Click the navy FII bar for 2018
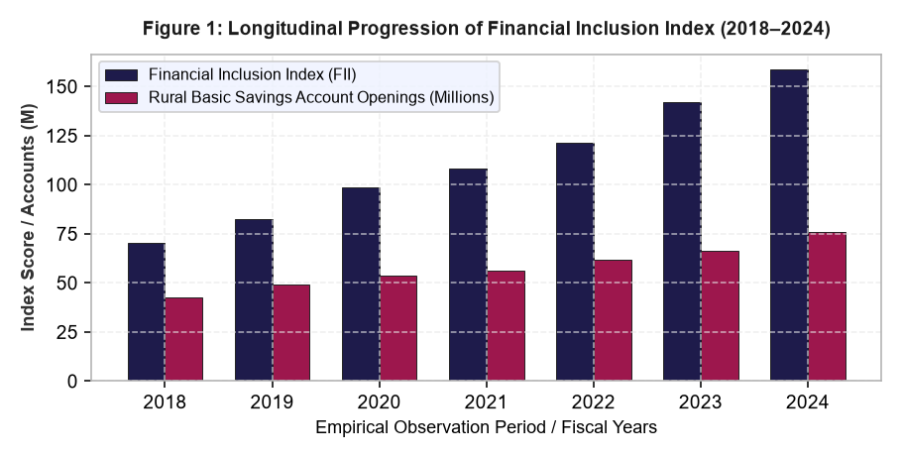click(146, 312)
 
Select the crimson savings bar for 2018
click(184, 339)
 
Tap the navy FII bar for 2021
click(468, 275)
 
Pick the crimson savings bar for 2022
click(613, 320)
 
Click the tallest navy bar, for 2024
click(789, 225)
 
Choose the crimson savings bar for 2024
click(827, 306)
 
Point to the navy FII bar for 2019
click(254, 299)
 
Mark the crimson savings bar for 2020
click(398, 328)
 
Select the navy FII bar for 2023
click(682, 242)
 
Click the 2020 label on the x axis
click(379, 402)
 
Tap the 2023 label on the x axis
click(701, 402)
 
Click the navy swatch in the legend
click(121, 75)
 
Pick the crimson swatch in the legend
click(121, 98)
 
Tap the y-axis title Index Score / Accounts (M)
click(29, 217)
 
